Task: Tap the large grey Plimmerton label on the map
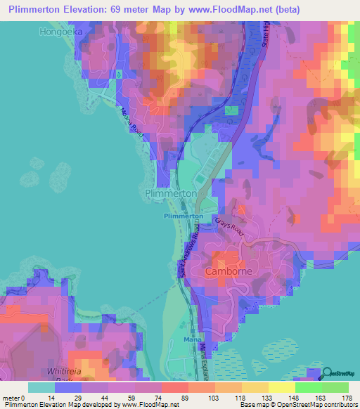tap(169, 193)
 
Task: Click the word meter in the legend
tap(11, 397)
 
